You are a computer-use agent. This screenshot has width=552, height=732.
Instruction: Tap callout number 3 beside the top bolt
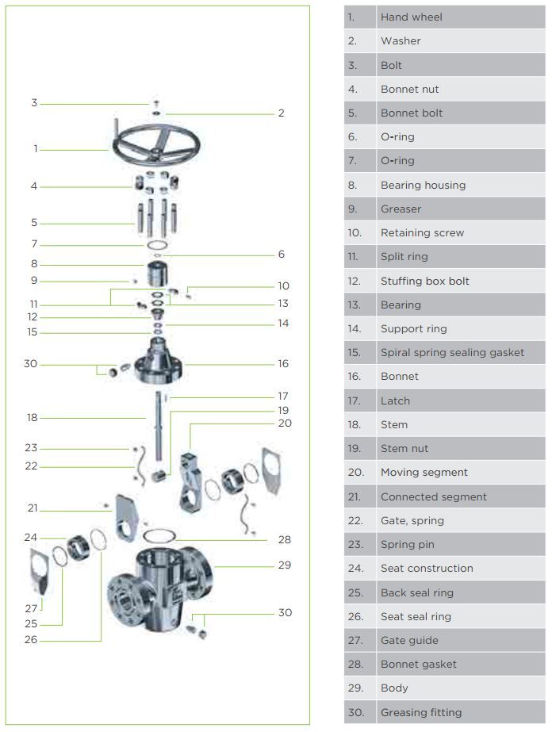point(34,103)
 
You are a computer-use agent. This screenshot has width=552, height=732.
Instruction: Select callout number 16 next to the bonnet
point(283,364)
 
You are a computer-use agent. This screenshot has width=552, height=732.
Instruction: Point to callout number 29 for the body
point(284,565)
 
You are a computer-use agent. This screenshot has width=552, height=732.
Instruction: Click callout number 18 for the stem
point(33,418)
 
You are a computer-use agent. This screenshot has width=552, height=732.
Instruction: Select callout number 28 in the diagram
point(284,539)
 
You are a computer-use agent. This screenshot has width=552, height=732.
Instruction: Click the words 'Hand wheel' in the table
point(411,17)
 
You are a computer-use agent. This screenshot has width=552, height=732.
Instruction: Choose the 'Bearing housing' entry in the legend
point(423,185)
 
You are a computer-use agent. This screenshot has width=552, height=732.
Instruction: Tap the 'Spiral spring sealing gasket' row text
point(452,352)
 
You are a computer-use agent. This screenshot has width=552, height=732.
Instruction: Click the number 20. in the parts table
point(355,472)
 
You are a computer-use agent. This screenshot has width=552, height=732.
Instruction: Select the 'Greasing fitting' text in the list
point(420,712)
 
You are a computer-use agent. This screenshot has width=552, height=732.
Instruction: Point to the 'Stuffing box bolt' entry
point(424,281)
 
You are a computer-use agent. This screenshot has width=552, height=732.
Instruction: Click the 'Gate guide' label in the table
point(409,640)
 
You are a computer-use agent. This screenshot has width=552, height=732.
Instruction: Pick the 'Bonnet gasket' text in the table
point(418,664)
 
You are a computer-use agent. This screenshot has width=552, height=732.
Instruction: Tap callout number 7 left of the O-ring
point(34,244)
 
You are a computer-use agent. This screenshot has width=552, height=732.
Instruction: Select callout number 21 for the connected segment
point(33,508)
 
